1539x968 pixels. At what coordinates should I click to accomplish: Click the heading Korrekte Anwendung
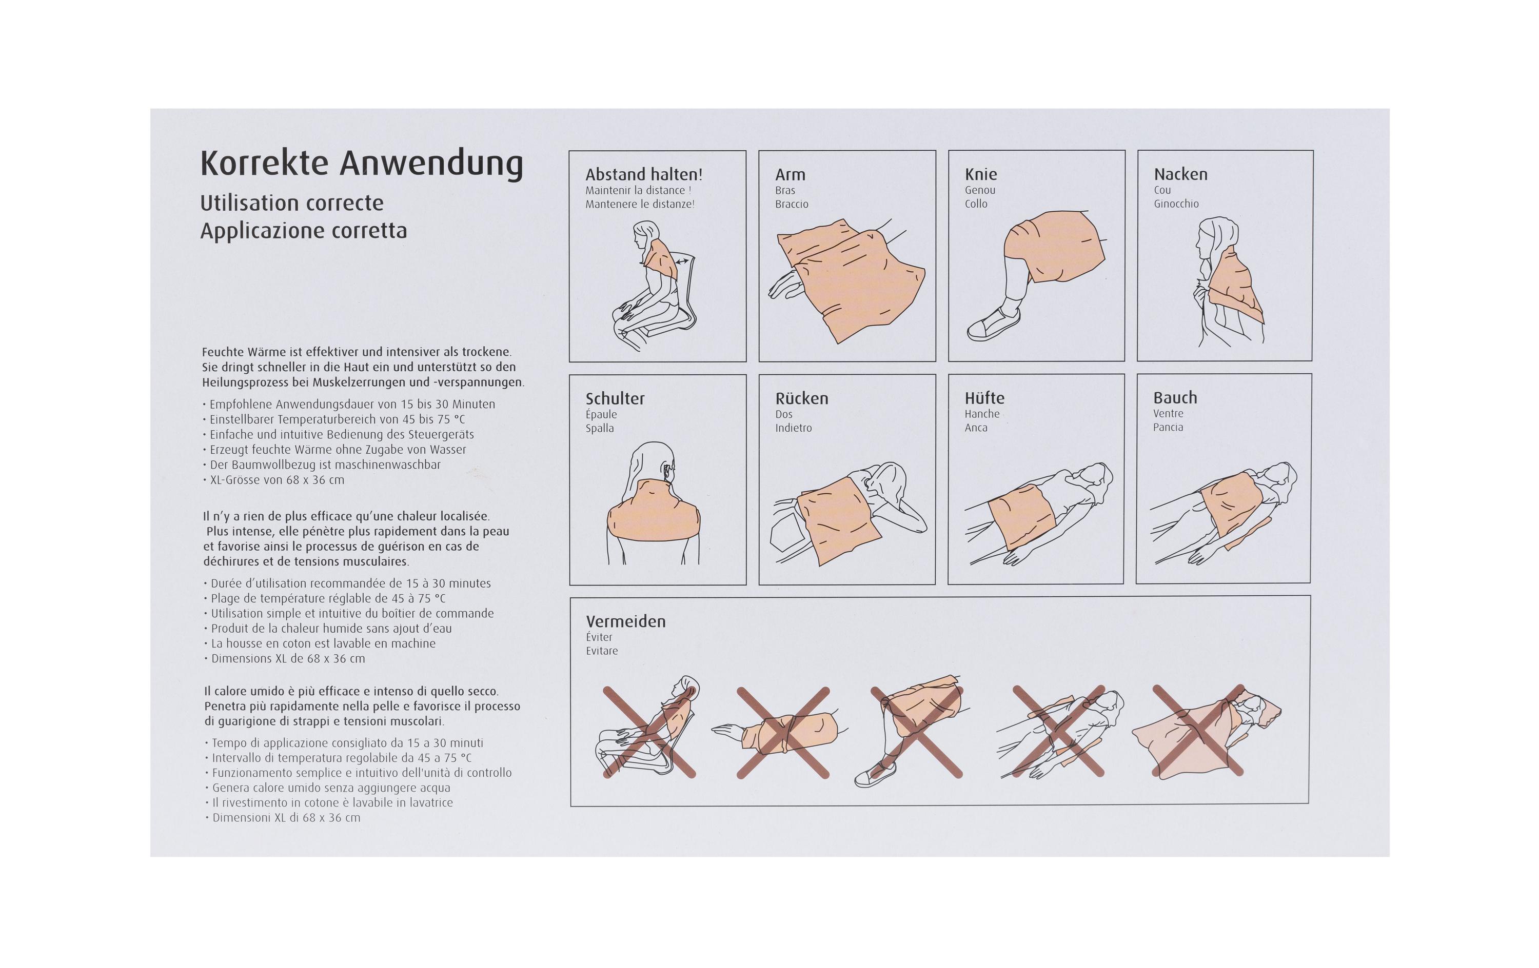coord(361,164)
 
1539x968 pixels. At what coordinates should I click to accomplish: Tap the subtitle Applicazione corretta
coord(304,231)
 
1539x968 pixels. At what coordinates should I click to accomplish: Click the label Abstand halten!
coord(644,174)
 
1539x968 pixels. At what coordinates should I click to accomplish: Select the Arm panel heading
coord(790,174)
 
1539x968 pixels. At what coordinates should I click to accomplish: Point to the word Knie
coord(980,174)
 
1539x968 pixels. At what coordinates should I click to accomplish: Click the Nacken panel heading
coord(1180,174)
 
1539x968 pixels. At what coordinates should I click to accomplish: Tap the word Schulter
coord(615,399)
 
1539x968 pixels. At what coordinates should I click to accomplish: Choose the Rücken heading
coord(801,399)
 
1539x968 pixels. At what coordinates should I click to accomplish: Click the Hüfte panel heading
coord(984,398)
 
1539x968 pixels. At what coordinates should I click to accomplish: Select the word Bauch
coord(1175,397)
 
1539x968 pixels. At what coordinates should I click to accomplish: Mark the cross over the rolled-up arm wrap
coord(783,732)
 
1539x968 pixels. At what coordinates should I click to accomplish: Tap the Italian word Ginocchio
coord(1176,204)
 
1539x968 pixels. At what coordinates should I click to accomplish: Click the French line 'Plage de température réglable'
coord(328,599)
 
